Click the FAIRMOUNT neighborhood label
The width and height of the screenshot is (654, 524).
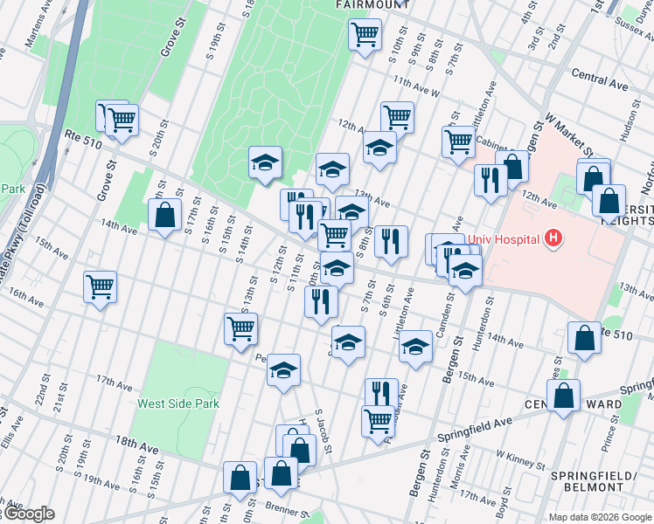coord(373,4)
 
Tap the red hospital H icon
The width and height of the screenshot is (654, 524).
coord(552,237)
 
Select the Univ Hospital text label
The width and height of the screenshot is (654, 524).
coord(507,237)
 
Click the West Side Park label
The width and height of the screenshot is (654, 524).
coord(178,403)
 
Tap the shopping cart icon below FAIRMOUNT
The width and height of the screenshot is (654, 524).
coord(365,36)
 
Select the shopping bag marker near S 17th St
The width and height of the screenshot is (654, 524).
coord(164,214)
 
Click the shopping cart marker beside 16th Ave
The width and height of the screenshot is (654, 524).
coord(101,286)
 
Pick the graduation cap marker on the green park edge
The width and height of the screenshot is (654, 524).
coord(265,162)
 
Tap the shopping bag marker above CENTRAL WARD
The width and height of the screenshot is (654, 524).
coord(565,395)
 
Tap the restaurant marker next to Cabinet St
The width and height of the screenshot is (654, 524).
coord(490,180)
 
